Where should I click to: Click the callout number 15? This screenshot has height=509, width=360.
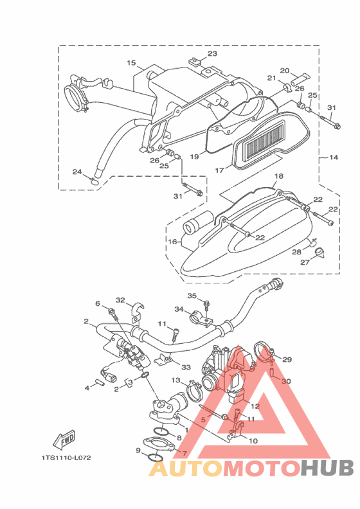pyautogui.click(x=131, y=62)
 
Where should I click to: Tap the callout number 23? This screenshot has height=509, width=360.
pyautogui.click(x=212, y=53)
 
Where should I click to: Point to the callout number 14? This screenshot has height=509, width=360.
pyautogui.click(x=334, y=157)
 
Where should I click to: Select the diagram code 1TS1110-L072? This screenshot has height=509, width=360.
pyautogui.click(x=66, y=458)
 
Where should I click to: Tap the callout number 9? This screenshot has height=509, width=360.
pyautogui.click(x=138, y=451)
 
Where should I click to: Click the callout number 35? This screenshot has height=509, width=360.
pyautogui.click(x=192, y=296)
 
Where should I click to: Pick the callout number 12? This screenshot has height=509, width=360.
pyautogui.click(x=255, y=406)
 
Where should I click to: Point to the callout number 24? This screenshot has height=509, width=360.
pyautogui.click(x=77, y=172)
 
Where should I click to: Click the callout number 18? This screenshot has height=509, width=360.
pyautogui.click(x=279, y=176)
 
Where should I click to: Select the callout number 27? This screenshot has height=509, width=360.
pyautogui.click(x=305, y=262)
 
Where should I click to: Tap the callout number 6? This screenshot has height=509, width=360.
pyautogui.click(x=98, y=303)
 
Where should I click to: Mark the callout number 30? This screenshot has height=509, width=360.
pyautogui.click(x=286, y=381)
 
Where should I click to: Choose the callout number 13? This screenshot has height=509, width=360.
pyautogui.click(x=175, y=380)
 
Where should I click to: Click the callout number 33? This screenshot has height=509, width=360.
pyautogui.click(x=186, y=367)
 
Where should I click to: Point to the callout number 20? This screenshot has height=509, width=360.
pyautogui.click(x=285, y=71)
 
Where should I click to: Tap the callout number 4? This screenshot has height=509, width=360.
pyautogui.click(x=87, y=388)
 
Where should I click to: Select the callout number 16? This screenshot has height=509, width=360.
pyautogui.click(x=172, y=242)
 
